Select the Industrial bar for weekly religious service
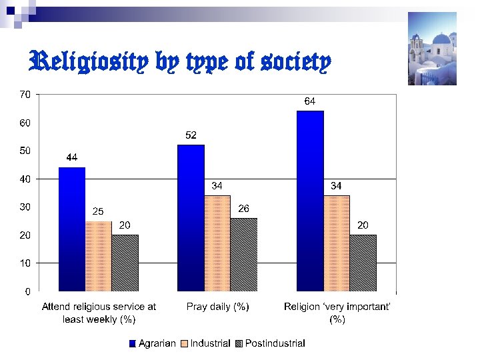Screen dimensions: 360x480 [x=99, y=256]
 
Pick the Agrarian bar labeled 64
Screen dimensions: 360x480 [x=310, y=201]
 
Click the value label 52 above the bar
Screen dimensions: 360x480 [x=191, y=135]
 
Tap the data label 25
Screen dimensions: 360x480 [x=98, y=211]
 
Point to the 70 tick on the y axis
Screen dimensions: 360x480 [x=24, y=95]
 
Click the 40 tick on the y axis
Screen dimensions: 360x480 [x=24, y=179]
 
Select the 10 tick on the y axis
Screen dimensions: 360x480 [x=24, y=263]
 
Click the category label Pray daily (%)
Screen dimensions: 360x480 [x=218, y=307]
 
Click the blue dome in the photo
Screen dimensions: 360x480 [x=440, y=39]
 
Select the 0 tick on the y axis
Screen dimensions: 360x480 [x=27, y=291]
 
